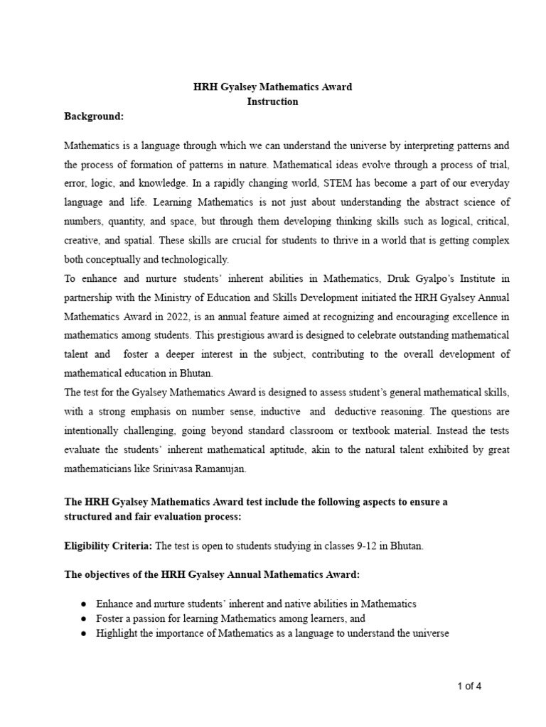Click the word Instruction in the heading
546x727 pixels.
(x=272, y=102)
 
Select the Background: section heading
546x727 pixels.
(x=94, y=116)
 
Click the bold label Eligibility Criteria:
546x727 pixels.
(x=108, y=546)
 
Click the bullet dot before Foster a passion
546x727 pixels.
(x=84, y=618)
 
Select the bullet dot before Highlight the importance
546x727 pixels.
(x=84, y=633)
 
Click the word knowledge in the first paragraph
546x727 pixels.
(x=154, y=183)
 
